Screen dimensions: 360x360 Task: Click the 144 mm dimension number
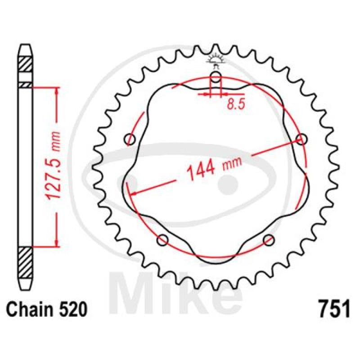201,171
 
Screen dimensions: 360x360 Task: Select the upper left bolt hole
131,139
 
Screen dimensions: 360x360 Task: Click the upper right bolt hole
301,139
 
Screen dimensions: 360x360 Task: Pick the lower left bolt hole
163,239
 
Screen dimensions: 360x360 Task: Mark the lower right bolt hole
269,239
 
